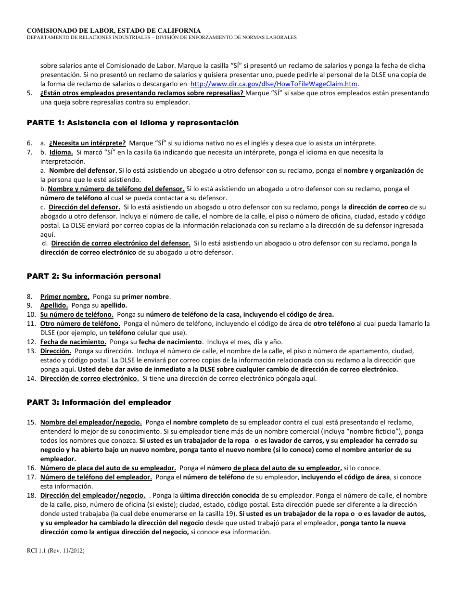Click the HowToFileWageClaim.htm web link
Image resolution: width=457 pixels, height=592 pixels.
coord(274,84)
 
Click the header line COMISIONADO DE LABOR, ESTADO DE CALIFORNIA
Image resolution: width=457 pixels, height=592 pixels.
coord(114,30)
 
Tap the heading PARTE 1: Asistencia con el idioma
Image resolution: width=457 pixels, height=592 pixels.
coord(132,123)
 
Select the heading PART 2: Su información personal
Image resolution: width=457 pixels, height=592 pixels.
coord(94,276)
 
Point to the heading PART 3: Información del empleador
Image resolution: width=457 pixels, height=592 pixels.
coord(99,402)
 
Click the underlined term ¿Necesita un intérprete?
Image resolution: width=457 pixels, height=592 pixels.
coord(88,143)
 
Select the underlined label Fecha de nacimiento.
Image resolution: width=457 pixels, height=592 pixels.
coord(73,342)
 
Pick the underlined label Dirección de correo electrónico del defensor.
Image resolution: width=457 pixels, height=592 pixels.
coord(121,243)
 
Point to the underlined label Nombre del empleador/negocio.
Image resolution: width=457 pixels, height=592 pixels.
coord(91,422)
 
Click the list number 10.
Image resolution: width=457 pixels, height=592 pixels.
coord(31,315)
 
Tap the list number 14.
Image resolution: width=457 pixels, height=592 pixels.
coord(31,378)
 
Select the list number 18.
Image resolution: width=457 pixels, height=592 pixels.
coord(31,495)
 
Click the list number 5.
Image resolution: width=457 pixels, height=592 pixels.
coord(30,93)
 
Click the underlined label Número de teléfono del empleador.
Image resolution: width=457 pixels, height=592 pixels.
coord(96,477)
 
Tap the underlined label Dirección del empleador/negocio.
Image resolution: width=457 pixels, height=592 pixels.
coord(93,495)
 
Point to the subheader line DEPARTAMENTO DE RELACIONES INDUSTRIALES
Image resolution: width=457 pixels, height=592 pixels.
coord(162,38)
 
